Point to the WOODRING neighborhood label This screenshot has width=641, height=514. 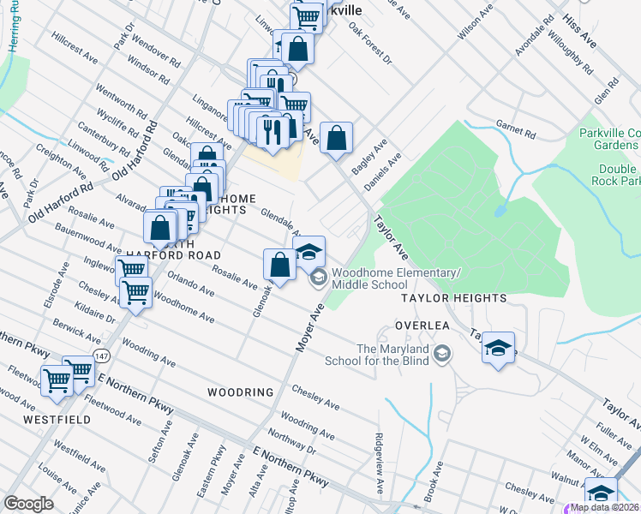click(240, 392)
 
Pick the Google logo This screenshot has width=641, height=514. click(28, 504)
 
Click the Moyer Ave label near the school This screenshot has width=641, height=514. click(308, 327)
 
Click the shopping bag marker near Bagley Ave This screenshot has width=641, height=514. click(337, 137)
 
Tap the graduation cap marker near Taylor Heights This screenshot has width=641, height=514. click(498, 348)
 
